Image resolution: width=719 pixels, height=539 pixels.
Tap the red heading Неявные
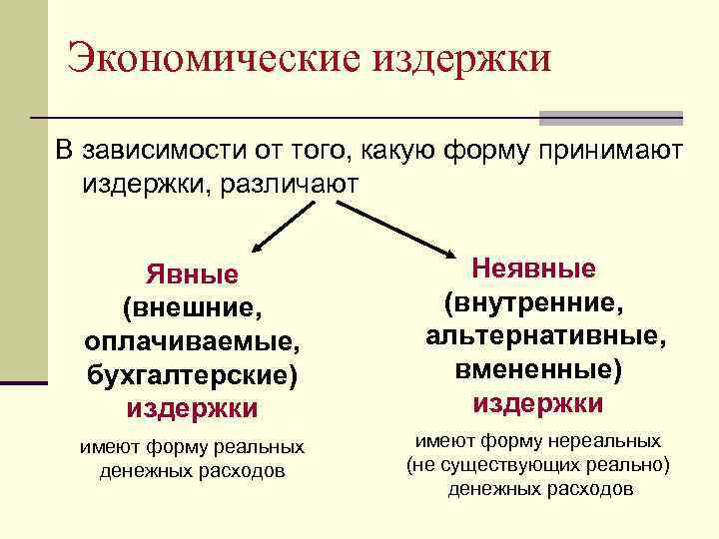[534, 269]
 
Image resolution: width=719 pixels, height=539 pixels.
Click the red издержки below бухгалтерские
[193, 408]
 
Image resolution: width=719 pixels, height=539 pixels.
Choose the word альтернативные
[545, 335]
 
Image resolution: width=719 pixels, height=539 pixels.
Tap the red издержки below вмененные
[538, 403]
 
